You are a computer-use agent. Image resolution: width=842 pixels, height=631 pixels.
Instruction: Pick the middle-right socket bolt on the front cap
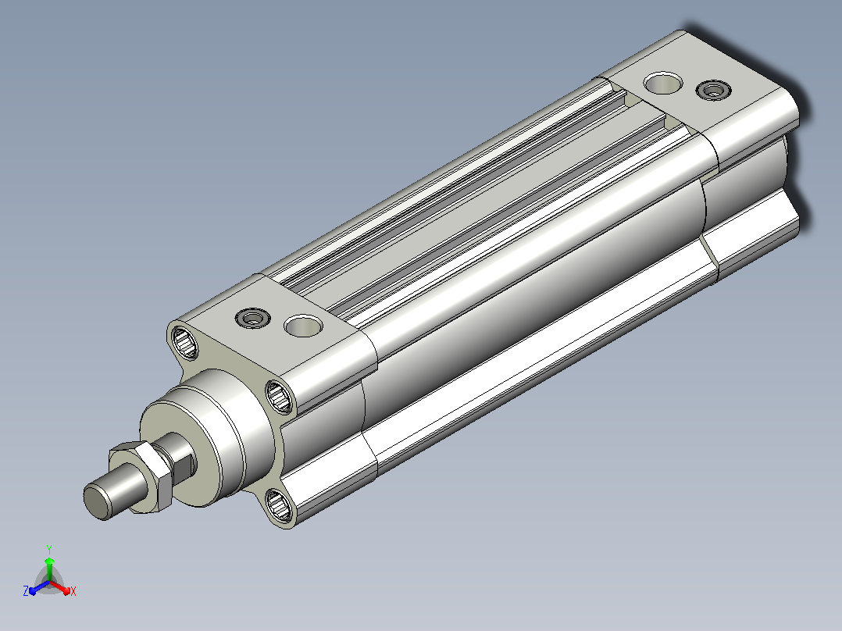[x=280, y=397]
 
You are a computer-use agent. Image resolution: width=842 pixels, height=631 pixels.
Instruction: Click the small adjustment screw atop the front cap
[x=252, y=318]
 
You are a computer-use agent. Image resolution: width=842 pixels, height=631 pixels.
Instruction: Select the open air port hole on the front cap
[x=303, y=326]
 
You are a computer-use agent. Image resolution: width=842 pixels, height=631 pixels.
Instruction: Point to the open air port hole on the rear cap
[x=663, y=83]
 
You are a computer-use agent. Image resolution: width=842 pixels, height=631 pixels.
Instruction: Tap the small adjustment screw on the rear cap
[x=714, y=90]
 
